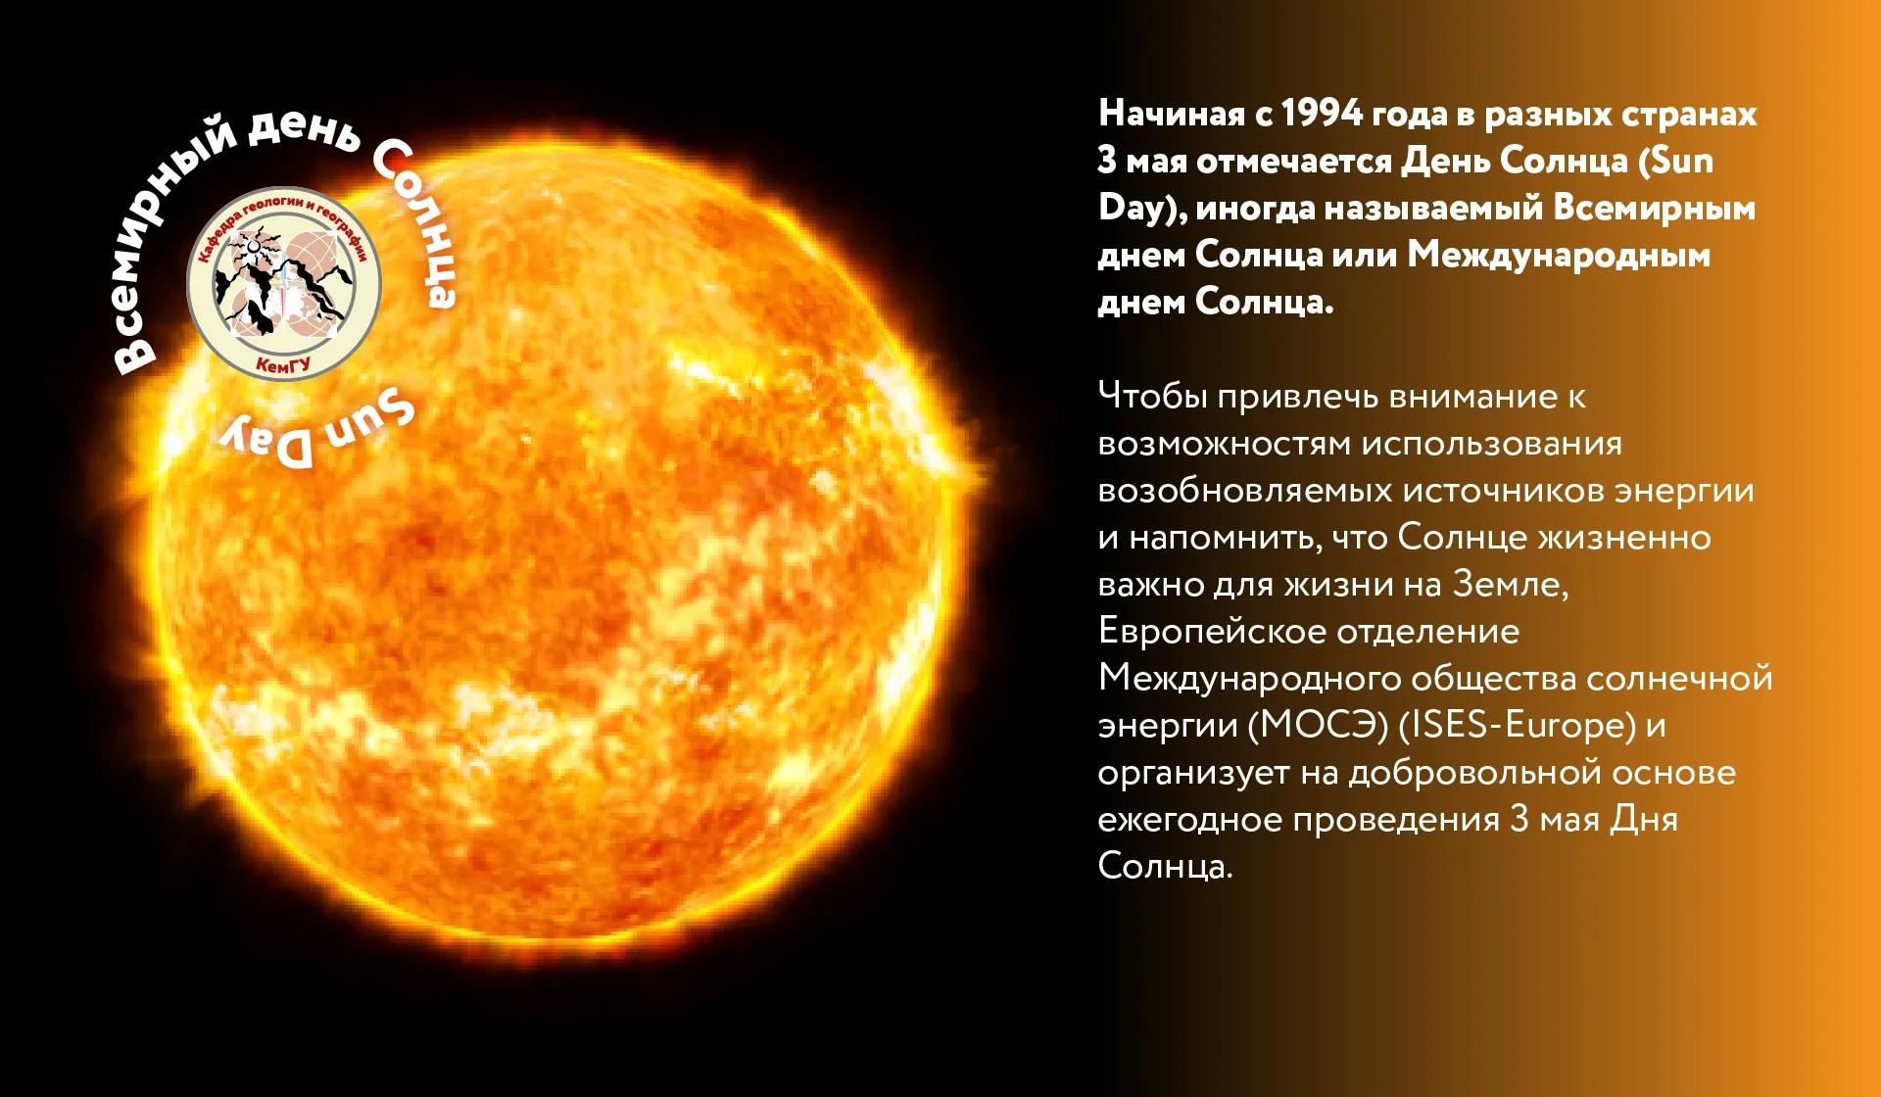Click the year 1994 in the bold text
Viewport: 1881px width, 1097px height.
click(x=1322, y=114)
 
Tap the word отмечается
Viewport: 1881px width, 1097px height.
click(x=1293, y=161)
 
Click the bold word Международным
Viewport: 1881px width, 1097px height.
click(x=1559, y=256)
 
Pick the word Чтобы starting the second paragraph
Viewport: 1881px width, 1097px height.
click(x=1151, y=397)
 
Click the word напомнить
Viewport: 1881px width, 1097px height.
click(x=1211, y=538)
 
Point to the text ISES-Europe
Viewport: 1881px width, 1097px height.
click(x=1518, y=726)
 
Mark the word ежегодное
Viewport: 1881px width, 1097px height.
click(x=1188, y=820)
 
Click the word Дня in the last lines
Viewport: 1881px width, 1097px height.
click(x=1644, y=820)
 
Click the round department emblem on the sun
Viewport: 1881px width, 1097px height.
click(x=284, y=285)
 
